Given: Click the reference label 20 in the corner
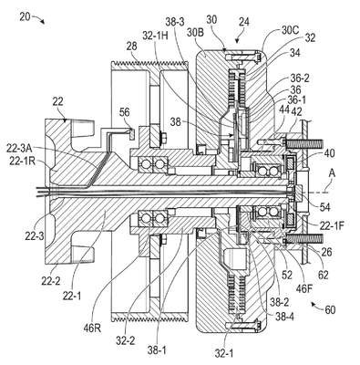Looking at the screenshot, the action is click(x=25, y=16).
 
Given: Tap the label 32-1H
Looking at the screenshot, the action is click(x=155, y=36).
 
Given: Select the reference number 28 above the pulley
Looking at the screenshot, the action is click(x=131, y=47).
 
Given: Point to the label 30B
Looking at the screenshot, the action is click(x=196, y=33).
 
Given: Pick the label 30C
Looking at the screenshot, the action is click(x=291, y=30).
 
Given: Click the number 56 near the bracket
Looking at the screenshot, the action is click(x=124, y=112).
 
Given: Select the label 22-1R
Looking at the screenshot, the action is click(x=22, y=161).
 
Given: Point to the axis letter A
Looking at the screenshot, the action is click(x=332, y=173).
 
